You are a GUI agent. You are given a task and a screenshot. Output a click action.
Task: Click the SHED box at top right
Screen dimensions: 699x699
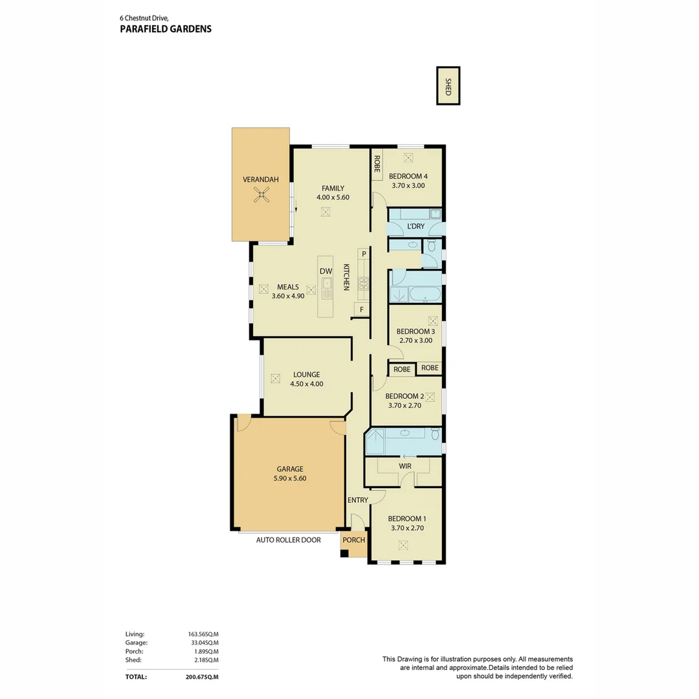(x=448, y=85)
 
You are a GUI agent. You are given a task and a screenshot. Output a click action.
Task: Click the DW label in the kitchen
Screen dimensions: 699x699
(x=326, y=271)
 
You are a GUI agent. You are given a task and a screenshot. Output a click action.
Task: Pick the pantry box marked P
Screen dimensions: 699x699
(x=364, y=254)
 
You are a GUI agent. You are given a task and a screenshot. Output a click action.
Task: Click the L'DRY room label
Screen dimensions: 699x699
(x=416, y=227)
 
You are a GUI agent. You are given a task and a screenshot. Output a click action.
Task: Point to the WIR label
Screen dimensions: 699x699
(x=405, y=465)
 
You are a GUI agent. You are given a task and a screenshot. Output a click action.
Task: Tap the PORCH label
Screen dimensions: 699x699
(x=354, y=540)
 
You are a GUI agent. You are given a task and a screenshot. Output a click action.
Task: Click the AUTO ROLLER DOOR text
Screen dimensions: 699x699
(x=288, y=540)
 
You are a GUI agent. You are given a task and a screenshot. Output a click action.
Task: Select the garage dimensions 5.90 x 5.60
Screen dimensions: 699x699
(x=290, y=478)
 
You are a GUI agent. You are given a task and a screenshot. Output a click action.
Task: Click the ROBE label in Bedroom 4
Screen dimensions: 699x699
(x=376, y=164)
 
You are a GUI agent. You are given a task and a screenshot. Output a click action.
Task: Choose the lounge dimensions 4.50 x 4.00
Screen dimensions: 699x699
(x=306, y=384)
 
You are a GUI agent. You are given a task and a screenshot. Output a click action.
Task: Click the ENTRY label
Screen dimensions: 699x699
(x=357, y=500)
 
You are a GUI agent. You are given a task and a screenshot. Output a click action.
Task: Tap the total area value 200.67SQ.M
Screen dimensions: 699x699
(x=201, y=677)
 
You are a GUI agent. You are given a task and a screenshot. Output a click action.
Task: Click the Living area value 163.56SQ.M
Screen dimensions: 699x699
(x=203, y=634)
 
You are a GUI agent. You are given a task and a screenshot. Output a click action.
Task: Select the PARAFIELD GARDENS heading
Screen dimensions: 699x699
(x=166, y=29)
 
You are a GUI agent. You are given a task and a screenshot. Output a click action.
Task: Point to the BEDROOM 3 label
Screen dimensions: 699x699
(x=416, y=331)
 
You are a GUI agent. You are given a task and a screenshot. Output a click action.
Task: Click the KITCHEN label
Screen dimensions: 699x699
(x=346, y=276)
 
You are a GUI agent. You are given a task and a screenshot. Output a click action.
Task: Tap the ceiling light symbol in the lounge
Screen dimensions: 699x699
(x=275, y=378)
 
